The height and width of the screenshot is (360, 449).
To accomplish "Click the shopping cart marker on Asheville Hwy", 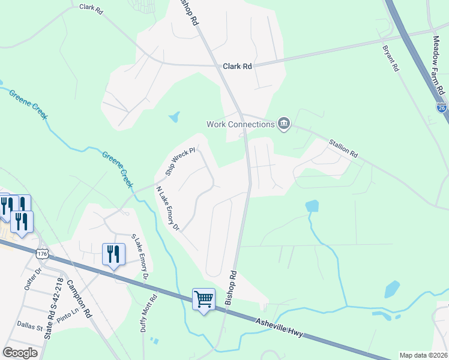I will pos(203,299).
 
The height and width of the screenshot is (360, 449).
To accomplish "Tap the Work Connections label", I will pos(240,124).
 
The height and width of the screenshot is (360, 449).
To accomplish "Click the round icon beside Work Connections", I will pos(284,124).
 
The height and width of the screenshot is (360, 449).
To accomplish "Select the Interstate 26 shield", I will pos(441,107).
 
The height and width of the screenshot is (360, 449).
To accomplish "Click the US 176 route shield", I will pos(41,254).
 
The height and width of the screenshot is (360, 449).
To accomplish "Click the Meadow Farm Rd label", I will pos(438,65).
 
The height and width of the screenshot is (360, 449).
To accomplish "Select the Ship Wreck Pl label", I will pos(181,161).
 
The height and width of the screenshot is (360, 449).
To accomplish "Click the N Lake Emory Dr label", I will pos(167,208).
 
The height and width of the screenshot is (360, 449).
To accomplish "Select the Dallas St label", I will pos(30,328).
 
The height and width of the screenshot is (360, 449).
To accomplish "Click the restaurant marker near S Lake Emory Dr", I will pos(113,254).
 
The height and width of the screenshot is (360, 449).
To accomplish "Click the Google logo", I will pos(20,353).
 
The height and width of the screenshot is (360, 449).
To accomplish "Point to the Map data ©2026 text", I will pos(423,355).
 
